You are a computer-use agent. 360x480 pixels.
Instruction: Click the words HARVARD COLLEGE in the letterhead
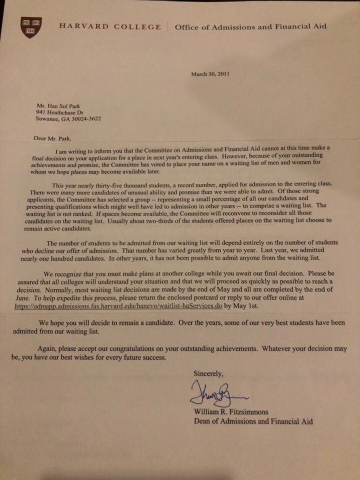coord(110,26)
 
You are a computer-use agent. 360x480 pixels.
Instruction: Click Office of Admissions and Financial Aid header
coord(250,26)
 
